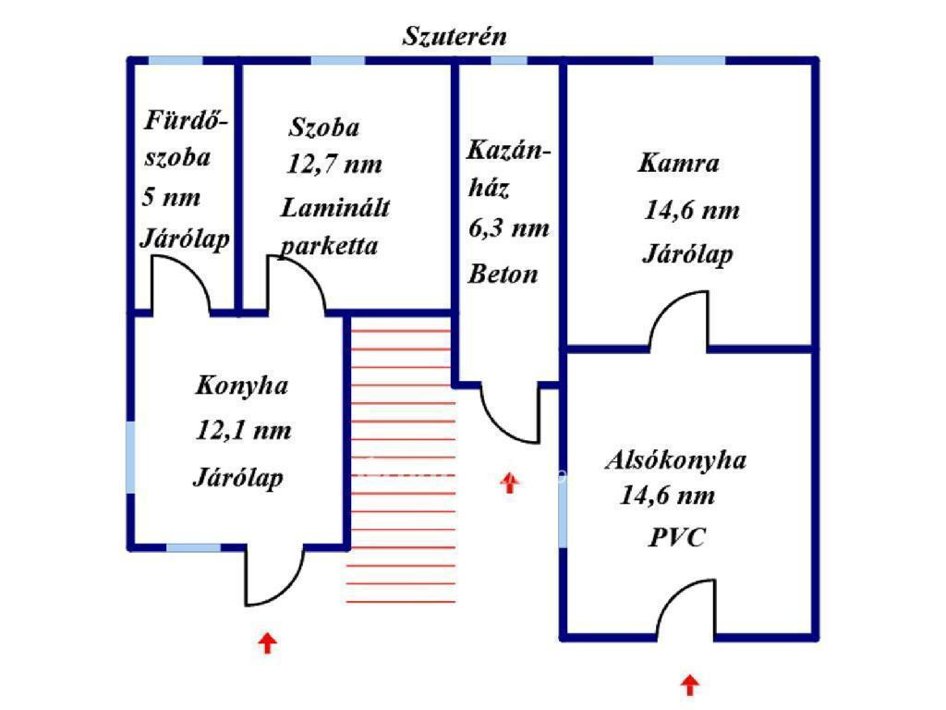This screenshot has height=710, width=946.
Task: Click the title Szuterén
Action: pyautogui.click(x=455, y=36)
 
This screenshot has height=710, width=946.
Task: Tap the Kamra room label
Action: pyautogui.click(x=678, y=165)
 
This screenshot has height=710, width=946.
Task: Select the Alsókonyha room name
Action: pyautogui.click(x=675, y=460)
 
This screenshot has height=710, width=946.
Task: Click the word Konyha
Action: pyautogui.click(x=241, y=386)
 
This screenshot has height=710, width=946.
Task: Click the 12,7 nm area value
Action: pyautogui.click(x=334, y=165)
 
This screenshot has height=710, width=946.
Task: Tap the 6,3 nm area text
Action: pyautogui.click(x=508, y=228)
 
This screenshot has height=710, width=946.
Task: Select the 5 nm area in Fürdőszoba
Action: pyautogui.click(x=172, y=197)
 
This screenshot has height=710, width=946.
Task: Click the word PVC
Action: pyautogui.click(x=676, y=538)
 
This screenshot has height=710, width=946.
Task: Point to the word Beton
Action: pyautogui.click(x=503, y=275)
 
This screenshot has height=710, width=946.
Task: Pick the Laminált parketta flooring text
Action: pyautogui.click(x=333, y=226)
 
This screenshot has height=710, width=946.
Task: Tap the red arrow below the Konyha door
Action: pyautogui.click(x=267, y=643)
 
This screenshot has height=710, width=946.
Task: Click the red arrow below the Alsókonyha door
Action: pyautogui.click(x=689, y=685)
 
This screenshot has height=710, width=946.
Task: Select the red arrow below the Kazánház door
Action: pyautogui.click(x=509, y=482)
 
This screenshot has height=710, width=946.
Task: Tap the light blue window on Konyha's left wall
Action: pyautogui.click(x=131, y=458)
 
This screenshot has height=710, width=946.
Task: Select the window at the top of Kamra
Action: pyautogui.click(x=689, y=61)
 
